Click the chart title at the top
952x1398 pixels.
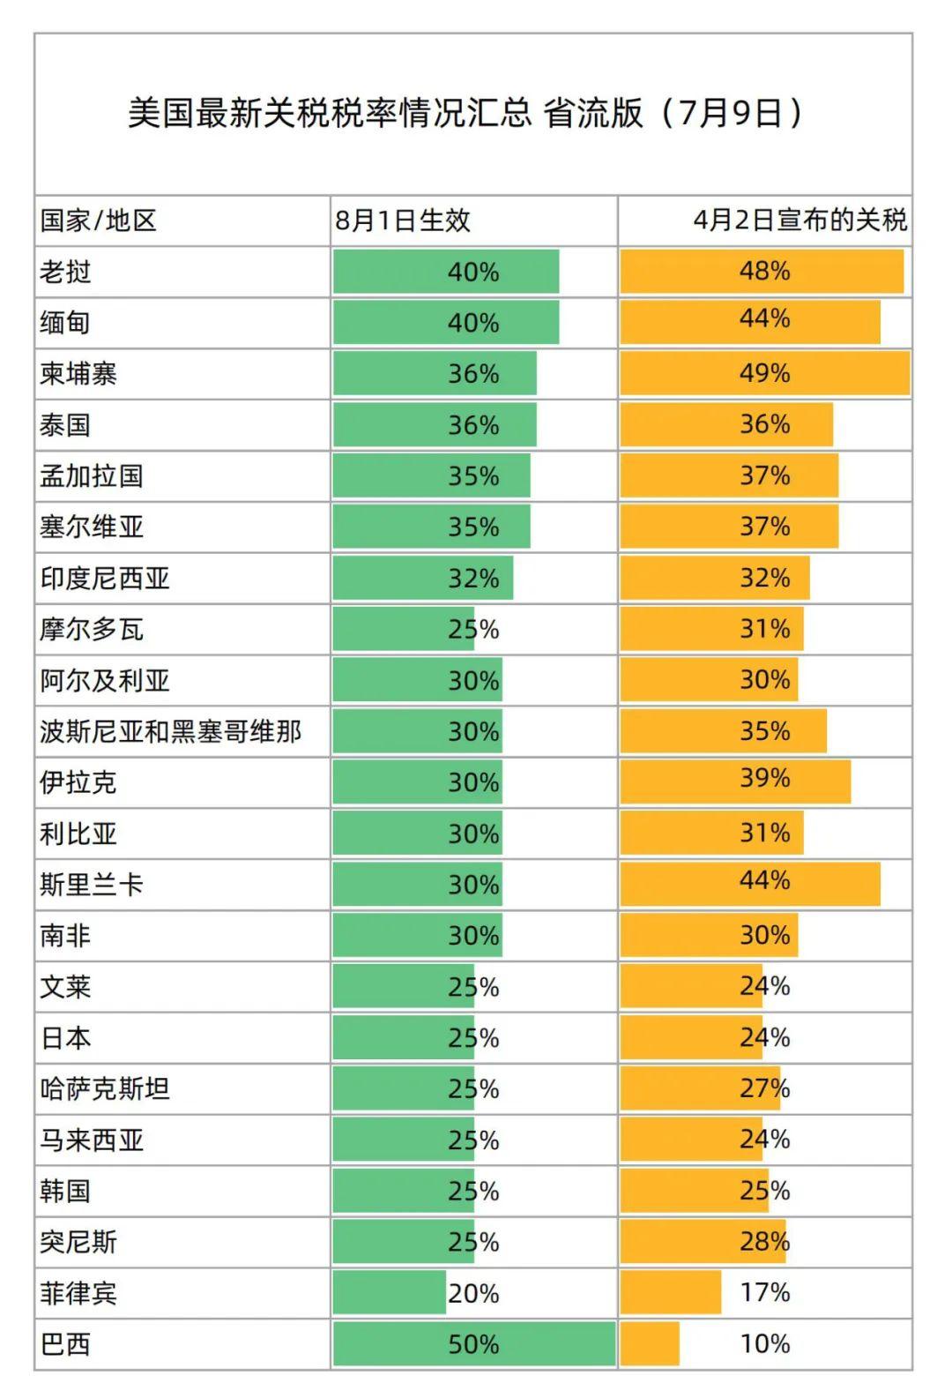point(465,113)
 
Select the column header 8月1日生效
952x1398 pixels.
point(402,221)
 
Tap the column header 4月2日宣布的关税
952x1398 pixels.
point(799,220)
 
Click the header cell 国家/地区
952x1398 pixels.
point(98,221)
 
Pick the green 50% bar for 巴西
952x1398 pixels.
point(473,1343)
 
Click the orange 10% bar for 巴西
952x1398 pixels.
point(650,1343)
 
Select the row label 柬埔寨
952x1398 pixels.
point(78,374)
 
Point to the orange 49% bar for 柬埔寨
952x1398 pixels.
point(764,373)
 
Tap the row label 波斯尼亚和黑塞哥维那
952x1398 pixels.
point(170,731)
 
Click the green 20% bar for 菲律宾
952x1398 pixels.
point(390,1293)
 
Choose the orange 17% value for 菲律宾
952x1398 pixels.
point(764,1293)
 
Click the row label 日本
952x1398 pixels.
point(66,1038)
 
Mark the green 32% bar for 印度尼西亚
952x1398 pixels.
point(423,578)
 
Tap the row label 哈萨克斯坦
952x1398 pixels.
point(105,1089)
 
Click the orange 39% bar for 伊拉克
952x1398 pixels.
point(735,781)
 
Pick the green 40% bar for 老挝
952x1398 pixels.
point(446,272)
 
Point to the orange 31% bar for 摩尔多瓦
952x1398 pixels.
point(711,629)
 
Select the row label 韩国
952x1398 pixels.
point(66,1192)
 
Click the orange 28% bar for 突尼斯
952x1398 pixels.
point(703,1242)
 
